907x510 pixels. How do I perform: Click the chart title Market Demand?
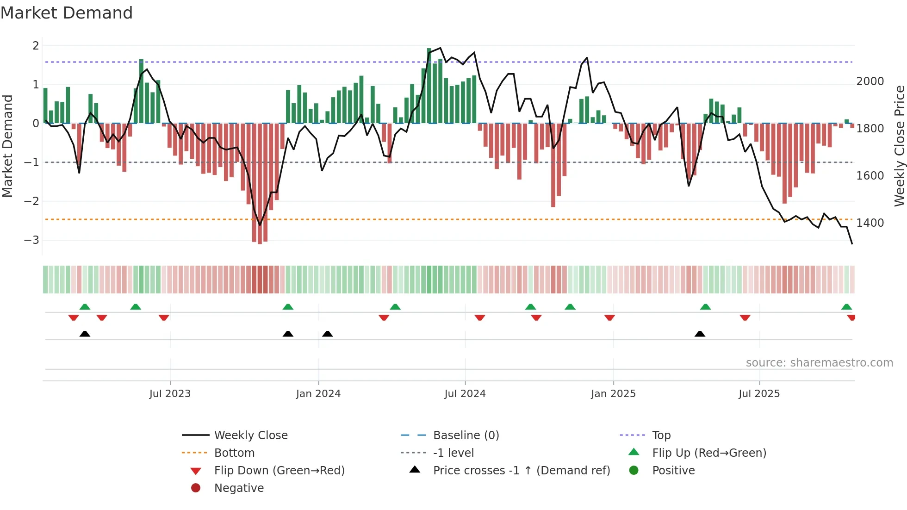[67, 13]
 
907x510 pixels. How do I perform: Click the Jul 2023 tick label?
[170, 394]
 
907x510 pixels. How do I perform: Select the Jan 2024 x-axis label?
[318, 394]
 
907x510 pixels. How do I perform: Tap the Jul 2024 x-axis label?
[465, 394]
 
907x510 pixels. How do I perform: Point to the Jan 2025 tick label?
[613, 394]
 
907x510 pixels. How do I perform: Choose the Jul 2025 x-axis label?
[759, 394]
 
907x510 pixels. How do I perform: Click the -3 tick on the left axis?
[32, 240]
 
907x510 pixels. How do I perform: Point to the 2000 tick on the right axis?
[870, 81]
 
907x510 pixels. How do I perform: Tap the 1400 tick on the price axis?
[870, 223]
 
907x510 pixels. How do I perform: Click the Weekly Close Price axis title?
[899, 146]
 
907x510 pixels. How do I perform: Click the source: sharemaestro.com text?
[819, 363]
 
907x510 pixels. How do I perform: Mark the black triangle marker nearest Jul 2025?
[700, 334]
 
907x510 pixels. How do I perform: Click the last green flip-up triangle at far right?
[846, 307]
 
